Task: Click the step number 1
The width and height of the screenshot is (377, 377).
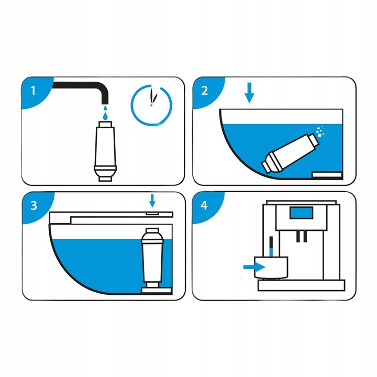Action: (x=34, y=90)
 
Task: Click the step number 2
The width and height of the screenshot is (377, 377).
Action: (x=204, y=90)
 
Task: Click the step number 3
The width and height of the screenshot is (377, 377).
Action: (x=34, y=205)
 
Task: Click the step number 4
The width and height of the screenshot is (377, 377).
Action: (x=204, y=205)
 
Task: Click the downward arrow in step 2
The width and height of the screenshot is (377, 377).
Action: (x=250, y=94)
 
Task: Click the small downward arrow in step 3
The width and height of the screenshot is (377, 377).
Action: (x=152, y=201)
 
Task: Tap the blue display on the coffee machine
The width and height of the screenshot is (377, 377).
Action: (x=302, y=214)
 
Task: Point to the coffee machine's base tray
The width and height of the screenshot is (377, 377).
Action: (x=301, y=284)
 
